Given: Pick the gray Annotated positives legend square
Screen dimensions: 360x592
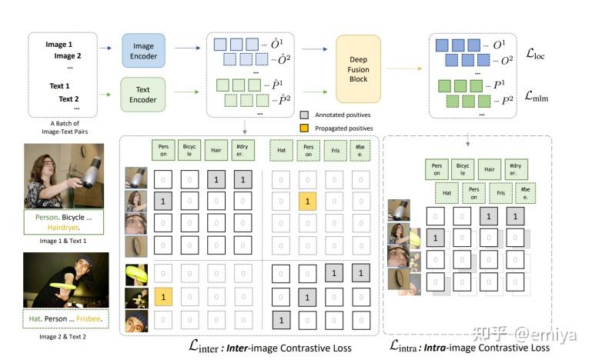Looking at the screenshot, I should click(x=305, y=113).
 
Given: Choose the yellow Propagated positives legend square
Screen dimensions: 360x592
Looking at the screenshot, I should click(x=305, y=128).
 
